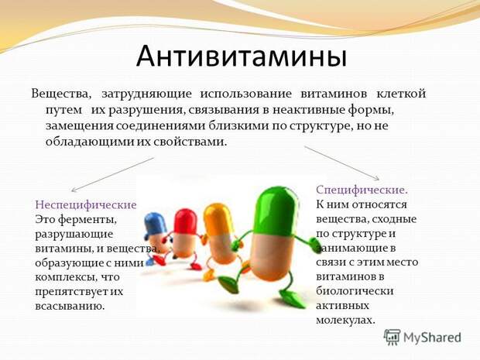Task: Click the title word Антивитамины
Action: (242, 57)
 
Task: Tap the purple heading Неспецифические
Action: (86, 204)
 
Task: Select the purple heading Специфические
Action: (362, 190)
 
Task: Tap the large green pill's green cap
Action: (276, 211)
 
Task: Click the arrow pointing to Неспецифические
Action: (112, 175)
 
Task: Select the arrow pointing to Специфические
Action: (342, 163)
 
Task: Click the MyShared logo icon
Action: (393, 338)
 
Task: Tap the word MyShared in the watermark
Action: (432, 338)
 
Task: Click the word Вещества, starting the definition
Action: (61, 94)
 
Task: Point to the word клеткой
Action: (401, 94)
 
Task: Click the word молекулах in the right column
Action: (345, 321)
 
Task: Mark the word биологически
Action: (355, 291)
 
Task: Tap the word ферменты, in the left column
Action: (87, 220)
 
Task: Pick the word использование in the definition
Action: (246, 94)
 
